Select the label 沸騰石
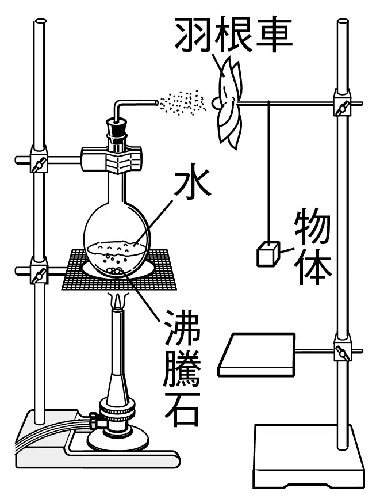pos(182,368)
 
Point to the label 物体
pos(313,247)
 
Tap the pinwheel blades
pos(229,102)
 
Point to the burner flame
pos(118,300)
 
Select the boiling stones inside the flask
pos(114,270)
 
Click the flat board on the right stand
pos(257,354)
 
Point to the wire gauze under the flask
pos(120,269)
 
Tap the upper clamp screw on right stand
pos(342,107)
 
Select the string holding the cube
pos(268,172)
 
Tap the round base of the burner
pos(118,440)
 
